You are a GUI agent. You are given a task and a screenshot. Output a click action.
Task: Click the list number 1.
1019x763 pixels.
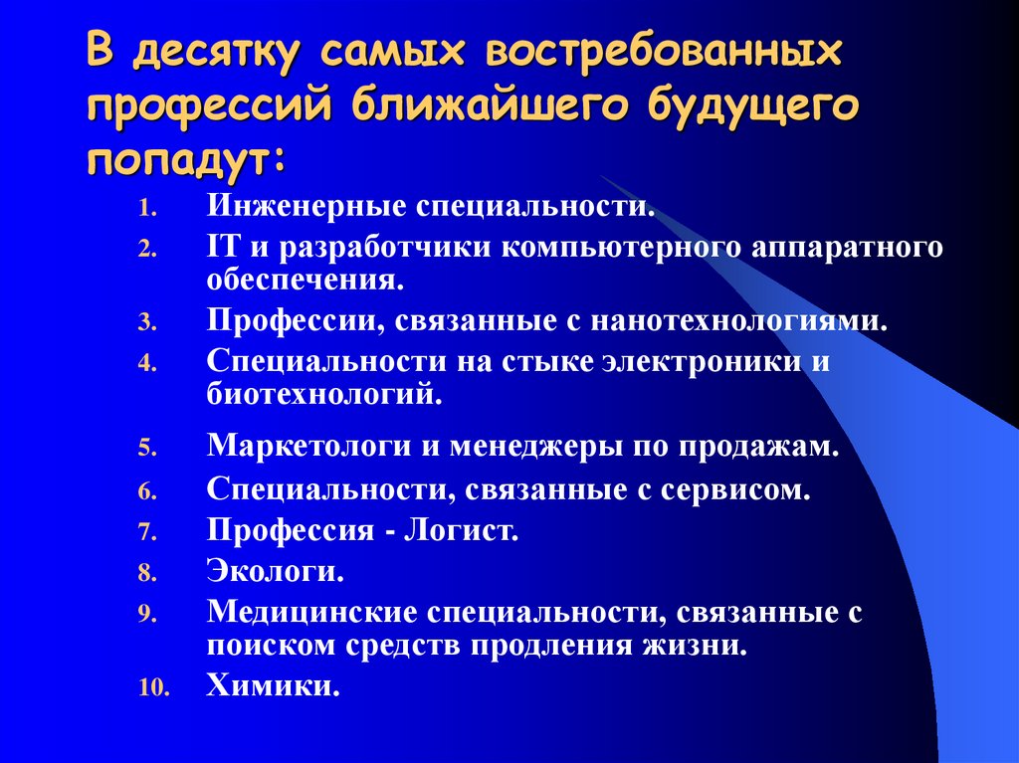pos(147,210)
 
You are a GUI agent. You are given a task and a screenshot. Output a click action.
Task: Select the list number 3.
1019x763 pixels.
pos(147,323)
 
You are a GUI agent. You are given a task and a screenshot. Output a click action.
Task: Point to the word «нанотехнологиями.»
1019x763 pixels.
pos(739,321)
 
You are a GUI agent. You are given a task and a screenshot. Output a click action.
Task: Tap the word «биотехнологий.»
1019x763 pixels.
pos(324,394)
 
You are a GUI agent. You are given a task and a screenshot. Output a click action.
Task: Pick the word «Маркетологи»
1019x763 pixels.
pos(308,446)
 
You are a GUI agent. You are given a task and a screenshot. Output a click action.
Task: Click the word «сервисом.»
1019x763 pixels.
pos(735,489)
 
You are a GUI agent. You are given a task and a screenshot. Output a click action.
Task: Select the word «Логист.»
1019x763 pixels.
pos(462,531)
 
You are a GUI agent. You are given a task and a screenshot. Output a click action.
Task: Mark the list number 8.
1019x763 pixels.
pos(147,574)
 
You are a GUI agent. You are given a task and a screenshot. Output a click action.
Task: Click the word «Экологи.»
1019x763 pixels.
pos(276,572)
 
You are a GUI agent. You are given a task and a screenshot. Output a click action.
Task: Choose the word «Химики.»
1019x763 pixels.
pos(274,685)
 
